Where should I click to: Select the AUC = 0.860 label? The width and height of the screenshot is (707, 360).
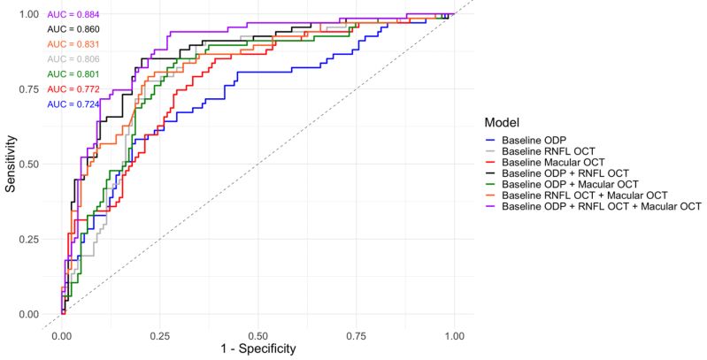(73, 28)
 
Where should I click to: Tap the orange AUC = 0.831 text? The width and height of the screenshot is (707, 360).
(73, 43)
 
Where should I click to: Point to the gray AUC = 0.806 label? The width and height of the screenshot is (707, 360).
(73, 58)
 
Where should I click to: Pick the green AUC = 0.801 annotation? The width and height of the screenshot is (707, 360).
(73, 73)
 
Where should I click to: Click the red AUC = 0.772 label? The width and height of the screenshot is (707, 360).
(73, 88)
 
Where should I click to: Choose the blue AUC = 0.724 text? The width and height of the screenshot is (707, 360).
(73, 104)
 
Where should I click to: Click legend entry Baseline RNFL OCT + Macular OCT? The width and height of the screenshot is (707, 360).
(582, 195)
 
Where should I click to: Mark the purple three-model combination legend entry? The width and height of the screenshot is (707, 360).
(601, 205)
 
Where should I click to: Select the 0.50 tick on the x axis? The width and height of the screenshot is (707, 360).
(257, 337)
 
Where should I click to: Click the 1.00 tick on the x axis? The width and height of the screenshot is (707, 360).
(454, 337)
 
